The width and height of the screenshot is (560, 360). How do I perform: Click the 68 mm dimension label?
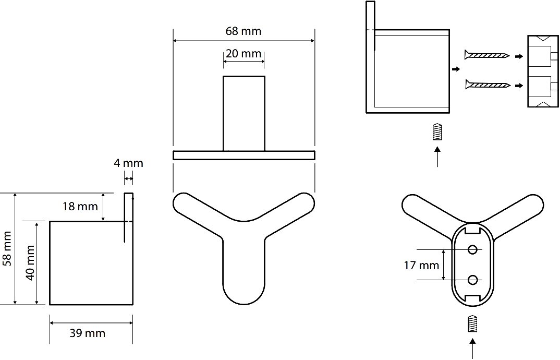click(x=243, y=31)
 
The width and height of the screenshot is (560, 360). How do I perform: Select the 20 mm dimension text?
click(x=244, y=54)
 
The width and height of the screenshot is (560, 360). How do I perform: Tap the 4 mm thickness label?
click(x=129, y=163)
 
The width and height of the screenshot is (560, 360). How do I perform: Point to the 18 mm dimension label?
click(x=80, y=206)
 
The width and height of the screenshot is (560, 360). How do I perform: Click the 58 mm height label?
click(x=7, y=248)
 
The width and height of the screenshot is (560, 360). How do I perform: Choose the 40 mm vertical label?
click(x=30, y=263)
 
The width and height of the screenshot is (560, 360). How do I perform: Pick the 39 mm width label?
click(x=88, y=333)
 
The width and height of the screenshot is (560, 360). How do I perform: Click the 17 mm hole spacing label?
click(x=421, y=265)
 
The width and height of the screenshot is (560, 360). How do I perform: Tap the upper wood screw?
click(x=487, y=55)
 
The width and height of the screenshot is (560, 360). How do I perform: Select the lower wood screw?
click(x=488, y=85)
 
